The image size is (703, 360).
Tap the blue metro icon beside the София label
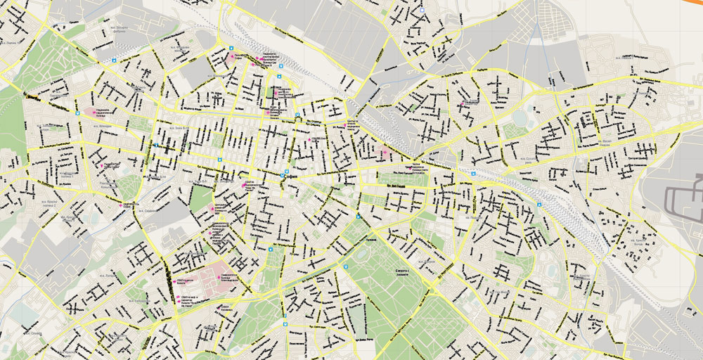coord(283,174)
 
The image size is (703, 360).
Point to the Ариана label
coord(372,239)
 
